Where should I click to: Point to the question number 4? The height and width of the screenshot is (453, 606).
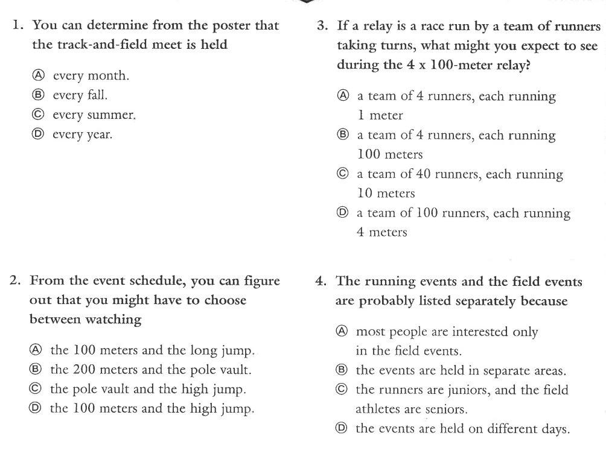click(322, 281)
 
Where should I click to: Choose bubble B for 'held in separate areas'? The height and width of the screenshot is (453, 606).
click(342, 370)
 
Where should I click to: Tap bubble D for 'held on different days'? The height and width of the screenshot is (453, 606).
click(342, 428)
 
